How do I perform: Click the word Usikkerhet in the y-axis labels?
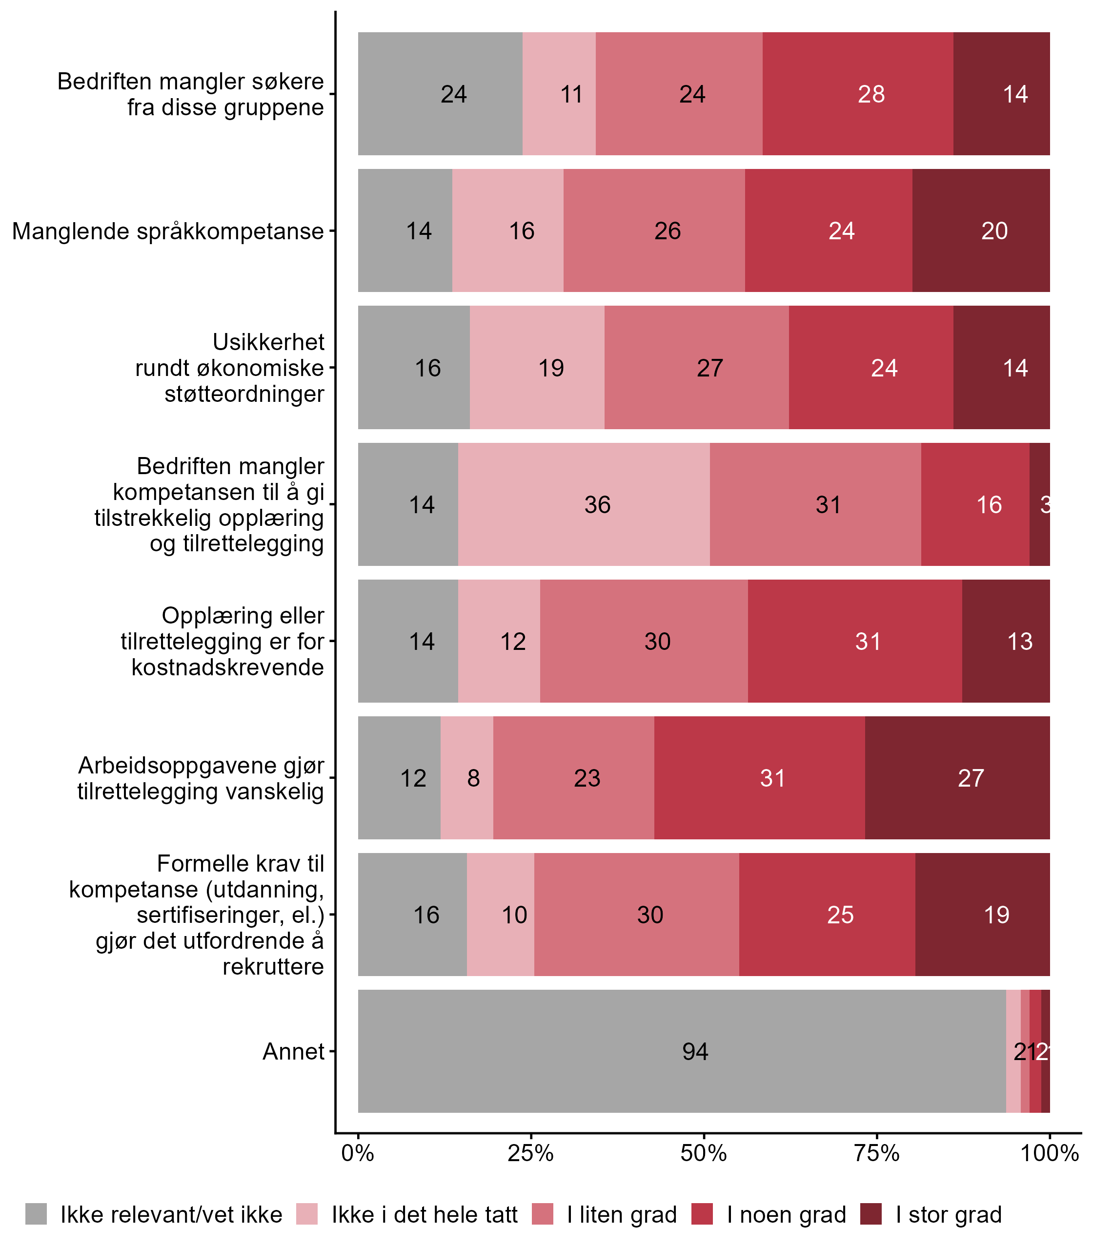point(268,342)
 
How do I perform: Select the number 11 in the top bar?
point(571,94)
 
